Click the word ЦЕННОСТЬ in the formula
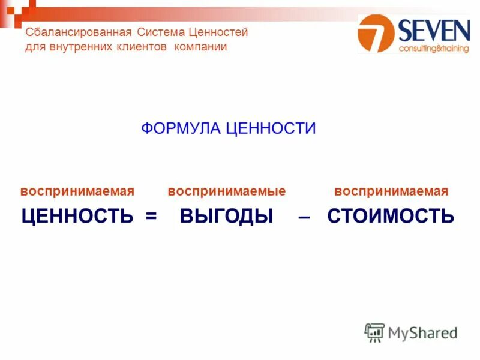point(77,216)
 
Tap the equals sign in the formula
point(150,217)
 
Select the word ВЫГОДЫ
point(226,216)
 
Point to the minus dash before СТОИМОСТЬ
point(304,217)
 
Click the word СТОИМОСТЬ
point(391,216)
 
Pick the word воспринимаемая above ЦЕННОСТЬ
point(77,191)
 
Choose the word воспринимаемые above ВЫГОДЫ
point(226,191)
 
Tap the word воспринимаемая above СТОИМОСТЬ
point(391,191)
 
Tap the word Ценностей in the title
point(218,32)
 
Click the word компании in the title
point(200,47)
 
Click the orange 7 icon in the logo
point(376,33)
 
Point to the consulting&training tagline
point(434,48)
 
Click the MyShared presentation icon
point(374,332)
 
